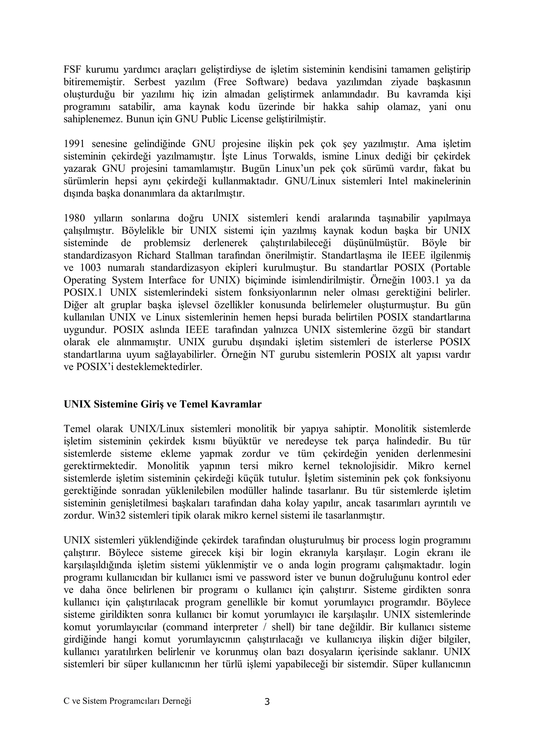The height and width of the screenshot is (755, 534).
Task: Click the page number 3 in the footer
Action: pyautogui.click(x=267, y=702)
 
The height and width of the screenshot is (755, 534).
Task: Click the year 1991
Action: pyautogui.click(x=74, y=144)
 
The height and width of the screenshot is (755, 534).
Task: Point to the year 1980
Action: pyautogui.click(x=74, y=218)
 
